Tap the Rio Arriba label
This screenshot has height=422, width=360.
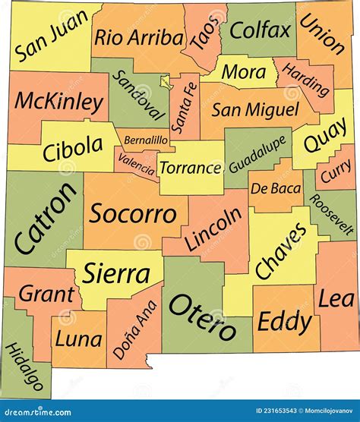pyautogui.click(x=139, y=37)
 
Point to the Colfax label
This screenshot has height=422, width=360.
pyautogui.click(x=261, y=30)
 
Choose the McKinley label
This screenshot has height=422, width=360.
pyautogui.click(x=59, y=101)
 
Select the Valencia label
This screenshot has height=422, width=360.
pyautogui.click(x=136, y=164)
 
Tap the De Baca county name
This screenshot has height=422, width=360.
pyautogui.click(x=271, y=187)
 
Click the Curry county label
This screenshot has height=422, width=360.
pyautogui.click(x=335, y=175)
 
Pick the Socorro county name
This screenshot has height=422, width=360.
pyautogui.click(x=133, y=213)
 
